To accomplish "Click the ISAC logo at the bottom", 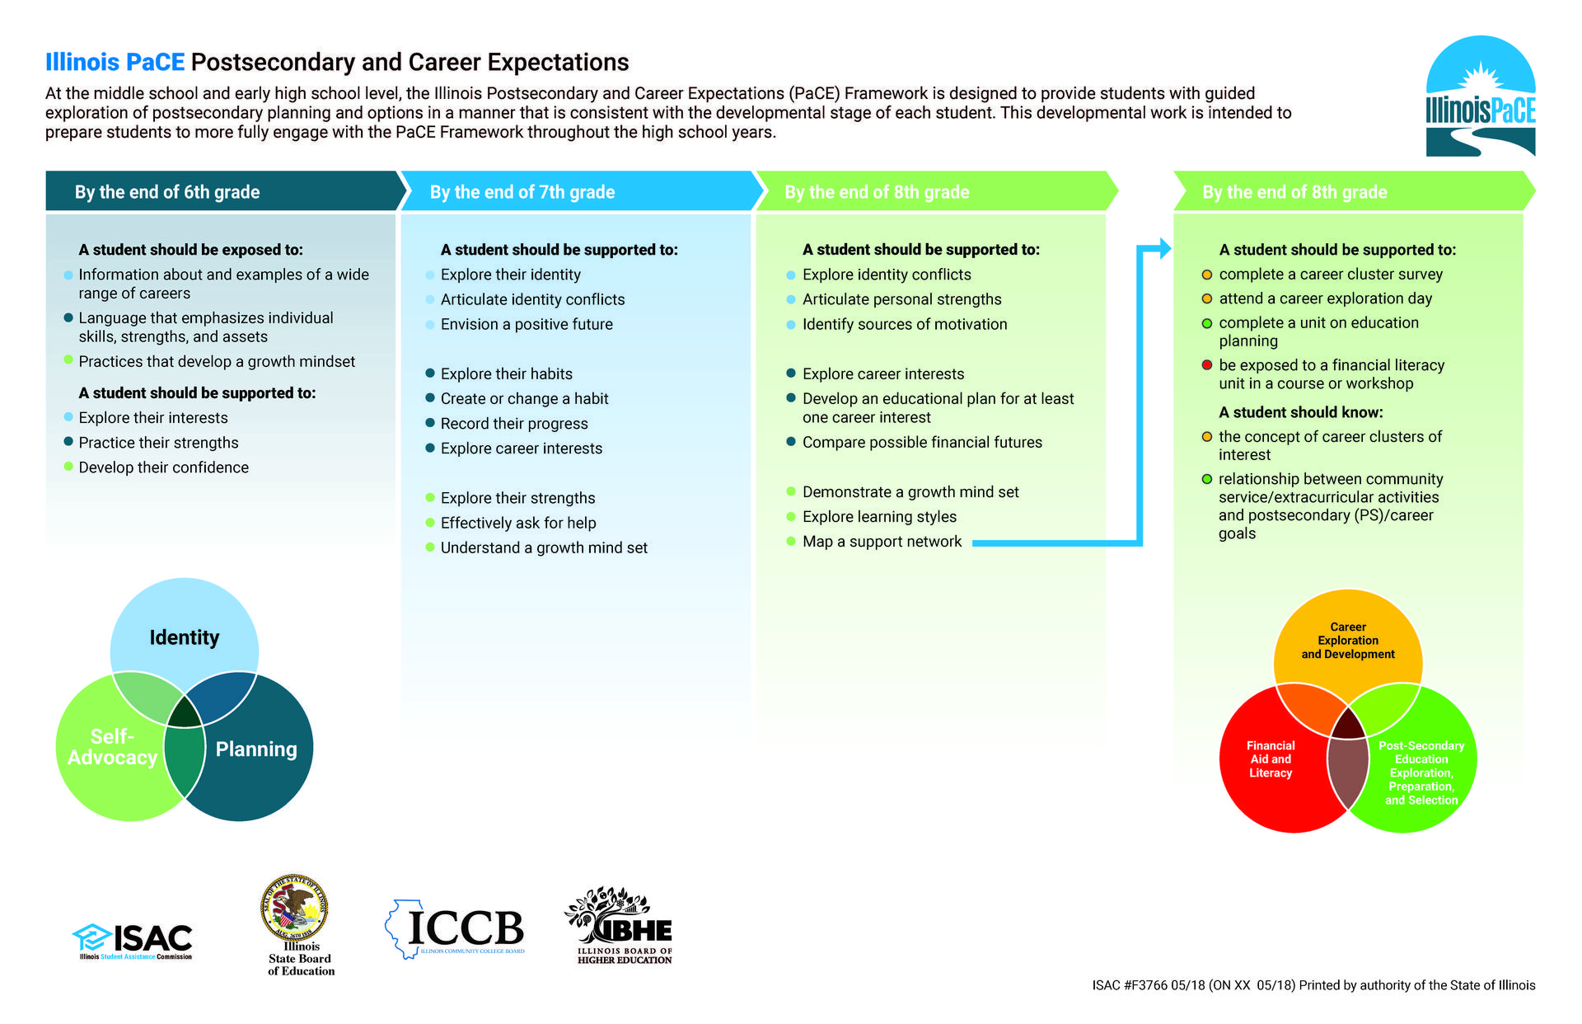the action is pos(133,941).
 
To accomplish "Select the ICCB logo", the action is pos(455,929).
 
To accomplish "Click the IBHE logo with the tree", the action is pos(620,925).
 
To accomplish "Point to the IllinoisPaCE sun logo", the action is pos(1481,96).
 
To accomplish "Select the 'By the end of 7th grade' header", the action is pos(522,192).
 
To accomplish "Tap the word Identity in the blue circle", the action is pos(185,637).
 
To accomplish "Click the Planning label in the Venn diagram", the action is pos(256,749).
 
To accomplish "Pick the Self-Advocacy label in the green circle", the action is pos(112,747).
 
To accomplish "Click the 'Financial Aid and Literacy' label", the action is pos(1271,759).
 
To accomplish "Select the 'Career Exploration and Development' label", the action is pos(1348,641).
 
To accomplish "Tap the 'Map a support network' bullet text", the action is pos(882,542).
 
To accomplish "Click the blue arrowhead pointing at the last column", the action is pos(1164,248).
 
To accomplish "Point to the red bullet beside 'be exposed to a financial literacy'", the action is pos(1207,365).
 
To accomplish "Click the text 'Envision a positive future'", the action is pos(527,325).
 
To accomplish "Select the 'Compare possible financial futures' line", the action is pos(922,443).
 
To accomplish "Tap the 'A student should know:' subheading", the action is pos(1301,412).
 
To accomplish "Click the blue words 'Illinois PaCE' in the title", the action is pos(115,63).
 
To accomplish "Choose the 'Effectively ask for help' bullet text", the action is pos(518,523).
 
